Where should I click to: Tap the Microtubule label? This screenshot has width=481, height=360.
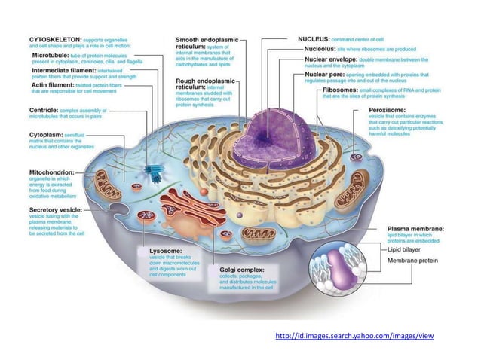[x=53, y=56]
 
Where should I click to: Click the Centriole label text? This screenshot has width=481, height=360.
[x=40, y=109]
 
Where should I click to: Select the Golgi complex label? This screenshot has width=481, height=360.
[x=240, y=268]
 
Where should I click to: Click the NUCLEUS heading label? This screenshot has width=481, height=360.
[x=317, y=37]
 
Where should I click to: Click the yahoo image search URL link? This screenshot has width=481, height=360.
[x=355, y=335]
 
